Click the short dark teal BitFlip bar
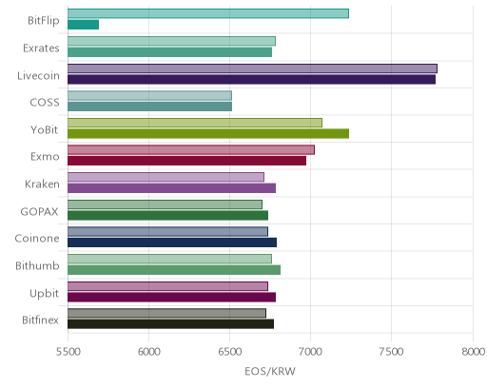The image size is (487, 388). click(83, 25)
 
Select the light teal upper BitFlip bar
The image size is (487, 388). click(208, 13)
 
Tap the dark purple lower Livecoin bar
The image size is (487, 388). click(251, 79)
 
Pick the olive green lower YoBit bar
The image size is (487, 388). click(208, 134)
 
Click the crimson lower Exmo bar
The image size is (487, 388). click(186, 161)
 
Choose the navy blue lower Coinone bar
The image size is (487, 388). click(172, 242)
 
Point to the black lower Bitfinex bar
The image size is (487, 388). click(170, 324)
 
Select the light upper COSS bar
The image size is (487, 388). click(149, 95)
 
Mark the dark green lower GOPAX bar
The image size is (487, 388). click(167, 216)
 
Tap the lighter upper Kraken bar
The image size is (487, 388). click(166, 177)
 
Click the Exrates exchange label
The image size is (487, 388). click(41, 48)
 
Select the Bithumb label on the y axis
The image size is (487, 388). click(37, 265)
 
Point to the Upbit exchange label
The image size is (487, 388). click(44, 294)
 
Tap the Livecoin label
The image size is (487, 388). click(38, 75)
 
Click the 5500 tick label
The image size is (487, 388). click(68, 352)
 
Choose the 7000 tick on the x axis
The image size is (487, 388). click(310, 352)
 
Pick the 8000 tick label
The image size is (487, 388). click(473, 352)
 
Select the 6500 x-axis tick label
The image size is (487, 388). click(229, 352)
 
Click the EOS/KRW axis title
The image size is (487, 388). click(270, 371)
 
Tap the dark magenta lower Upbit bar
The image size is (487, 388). click(171, 298)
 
